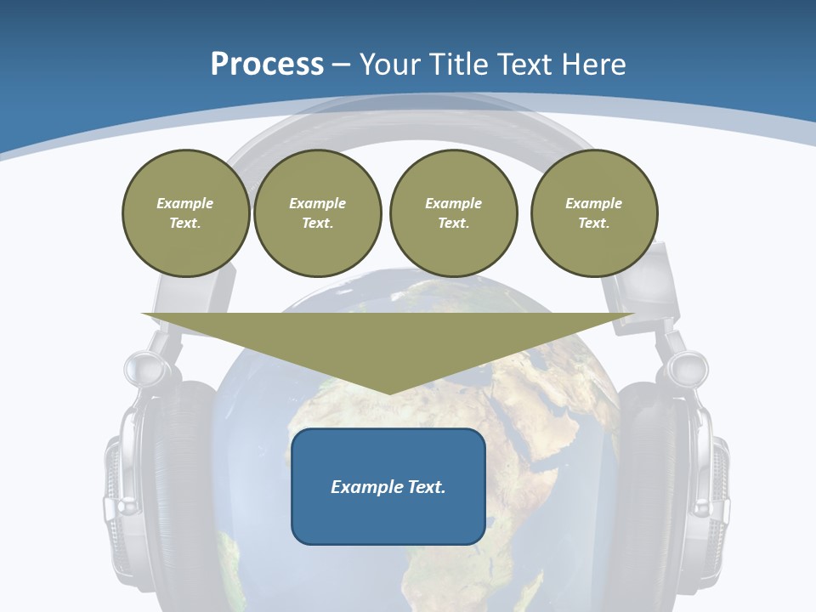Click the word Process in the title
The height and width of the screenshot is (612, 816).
pyautogui.click(x=267, y=65)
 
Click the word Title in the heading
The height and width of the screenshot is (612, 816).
pyautogui.click(x=458, y=65)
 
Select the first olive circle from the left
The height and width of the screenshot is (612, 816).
pyautogui.click(x=185, y=213)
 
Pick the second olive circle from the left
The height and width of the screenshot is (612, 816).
pyautogui.click(x=317, y=213)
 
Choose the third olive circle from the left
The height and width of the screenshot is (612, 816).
pyautogui.click(x=453, y=213)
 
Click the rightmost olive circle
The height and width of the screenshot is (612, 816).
pyautogui.click(x=594, y=213)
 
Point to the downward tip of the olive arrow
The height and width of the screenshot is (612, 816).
pyautogui.click(x=389, y=392)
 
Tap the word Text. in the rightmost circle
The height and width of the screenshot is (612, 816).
pyautogui.click(x=594, y=224)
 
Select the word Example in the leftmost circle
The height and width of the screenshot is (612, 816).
pyautogui.click(x=185, y=204)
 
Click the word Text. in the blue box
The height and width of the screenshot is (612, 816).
pyautogui.click(x=426, y=487)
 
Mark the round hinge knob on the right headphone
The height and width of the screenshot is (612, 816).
pyautogui.click(x=688, y=367)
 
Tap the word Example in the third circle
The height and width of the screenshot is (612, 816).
pyautogui.click(x=453, y=204)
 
